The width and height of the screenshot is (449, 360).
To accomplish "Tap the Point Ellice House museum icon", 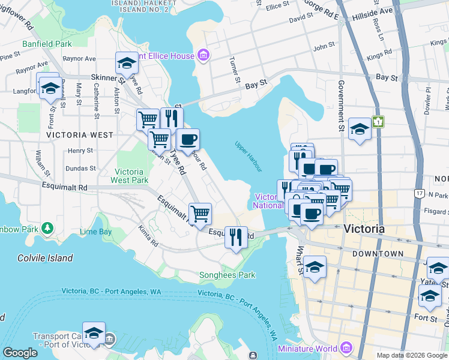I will pyautogui.click(x=203, y=56).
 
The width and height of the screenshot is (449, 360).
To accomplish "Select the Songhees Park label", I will pyautogui.click(x=227, y=275).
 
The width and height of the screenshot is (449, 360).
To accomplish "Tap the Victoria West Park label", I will pyautogui.click(x=129, y=176).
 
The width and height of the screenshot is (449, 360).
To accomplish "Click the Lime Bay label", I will pyautogui.click(x=96, y=232).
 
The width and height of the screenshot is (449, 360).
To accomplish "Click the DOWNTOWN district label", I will pyautogui.click(x=378, y=254).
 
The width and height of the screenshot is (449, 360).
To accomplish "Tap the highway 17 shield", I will pyautogui.click(x=419, y=193).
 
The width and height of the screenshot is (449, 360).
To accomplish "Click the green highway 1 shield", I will pyautogui.click(x=378, y=122).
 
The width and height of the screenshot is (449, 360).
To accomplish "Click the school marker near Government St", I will pyautogui.click(x=359, y=129).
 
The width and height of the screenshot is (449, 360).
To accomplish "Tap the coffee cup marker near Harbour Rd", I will pyautogui.click(x=188, y=140).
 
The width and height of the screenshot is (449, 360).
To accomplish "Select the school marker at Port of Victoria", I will pyautogui.click(x=94, y=333).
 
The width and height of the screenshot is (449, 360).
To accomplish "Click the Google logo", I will pyautogui.click(x=20, y=353).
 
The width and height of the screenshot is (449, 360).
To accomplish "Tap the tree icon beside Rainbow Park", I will pyautogui.click(x=47, y=229).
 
